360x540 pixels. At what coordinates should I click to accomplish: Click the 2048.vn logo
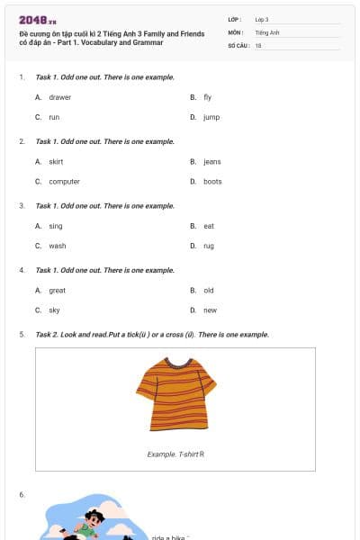pos(37,20)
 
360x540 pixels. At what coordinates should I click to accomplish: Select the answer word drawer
pos(59,97)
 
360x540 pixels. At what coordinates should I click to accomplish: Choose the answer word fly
pos(207,97)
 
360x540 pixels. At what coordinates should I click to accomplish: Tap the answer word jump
pos(211,117)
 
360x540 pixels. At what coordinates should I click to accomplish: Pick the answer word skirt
pos(56,162)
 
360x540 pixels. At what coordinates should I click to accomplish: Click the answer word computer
pos(64,182)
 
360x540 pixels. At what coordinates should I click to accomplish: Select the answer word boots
pos(212,182)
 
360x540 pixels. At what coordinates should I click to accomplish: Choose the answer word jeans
pos(211,162)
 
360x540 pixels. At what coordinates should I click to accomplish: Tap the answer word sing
pos(56,226)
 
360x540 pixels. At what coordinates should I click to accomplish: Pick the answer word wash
pos(57,246)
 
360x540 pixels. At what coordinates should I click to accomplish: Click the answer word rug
pos(208,246)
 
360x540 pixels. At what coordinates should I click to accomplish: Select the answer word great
pos(57,291)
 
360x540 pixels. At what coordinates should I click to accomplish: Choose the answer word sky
pos(54,310)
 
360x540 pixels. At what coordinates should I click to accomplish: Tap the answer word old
pos(208,291)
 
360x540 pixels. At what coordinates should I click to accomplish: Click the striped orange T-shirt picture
pos(175,393)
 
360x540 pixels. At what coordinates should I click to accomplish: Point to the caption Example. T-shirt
pos(175,454)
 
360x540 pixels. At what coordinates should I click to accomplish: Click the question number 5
pos(22,335)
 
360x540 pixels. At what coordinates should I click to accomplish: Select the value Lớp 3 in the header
pos(262,19)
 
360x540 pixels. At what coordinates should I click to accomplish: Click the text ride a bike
pos(169,537)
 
